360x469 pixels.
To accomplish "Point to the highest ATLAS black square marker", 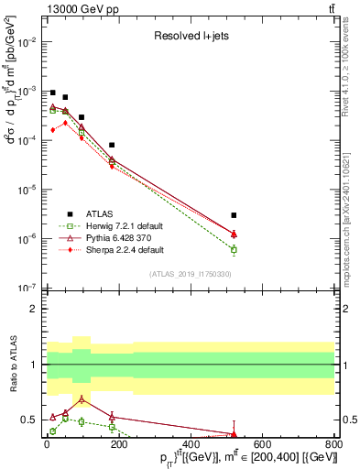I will click(53, 93).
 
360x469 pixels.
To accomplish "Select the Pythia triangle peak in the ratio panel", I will click(82, 399).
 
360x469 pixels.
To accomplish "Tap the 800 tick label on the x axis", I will click(333, 445).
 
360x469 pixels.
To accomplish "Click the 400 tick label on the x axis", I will click(190, 445).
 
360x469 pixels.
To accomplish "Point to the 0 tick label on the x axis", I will click(47, 445).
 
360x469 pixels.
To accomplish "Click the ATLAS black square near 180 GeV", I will click(112, 145).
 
